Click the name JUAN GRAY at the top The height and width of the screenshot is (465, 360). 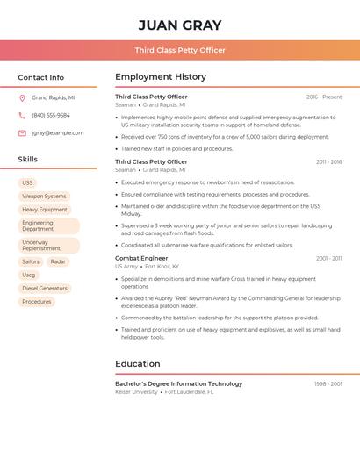tap(180, 25)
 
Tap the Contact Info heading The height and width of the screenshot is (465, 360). tap(41, 77)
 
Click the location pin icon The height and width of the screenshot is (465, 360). tap(22, 98)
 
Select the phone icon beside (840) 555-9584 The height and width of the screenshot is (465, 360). tap(22, 116)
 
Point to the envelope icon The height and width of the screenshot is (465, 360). tap(22, 133)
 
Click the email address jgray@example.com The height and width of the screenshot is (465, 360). tap(58, 133)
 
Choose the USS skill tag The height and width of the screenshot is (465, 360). tap(28, 182)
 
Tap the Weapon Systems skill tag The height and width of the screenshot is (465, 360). tap(44, 197)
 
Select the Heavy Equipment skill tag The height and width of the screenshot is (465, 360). tap(45, 210)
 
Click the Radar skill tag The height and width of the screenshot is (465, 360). tap(58, 261)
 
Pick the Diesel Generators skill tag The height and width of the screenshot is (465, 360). tap(45, 288)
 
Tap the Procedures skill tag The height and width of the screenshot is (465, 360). tap(37, 302)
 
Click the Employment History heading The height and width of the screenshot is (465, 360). tap(161, 77)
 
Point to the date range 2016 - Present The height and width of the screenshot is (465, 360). tap(324, 97)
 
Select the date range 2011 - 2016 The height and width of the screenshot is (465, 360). tap(328, 162)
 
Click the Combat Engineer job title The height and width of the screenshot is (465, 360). tap(141, 259)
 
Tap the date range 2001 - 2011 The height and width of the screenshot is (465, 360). tap(328, 259)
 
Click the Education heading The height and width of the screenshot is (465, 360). tap(138, 364)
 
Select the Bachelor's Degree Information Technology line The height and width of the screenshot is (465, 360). tap(179, 383)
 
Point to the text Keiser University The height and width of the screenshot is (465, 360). tap(137, 392)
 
